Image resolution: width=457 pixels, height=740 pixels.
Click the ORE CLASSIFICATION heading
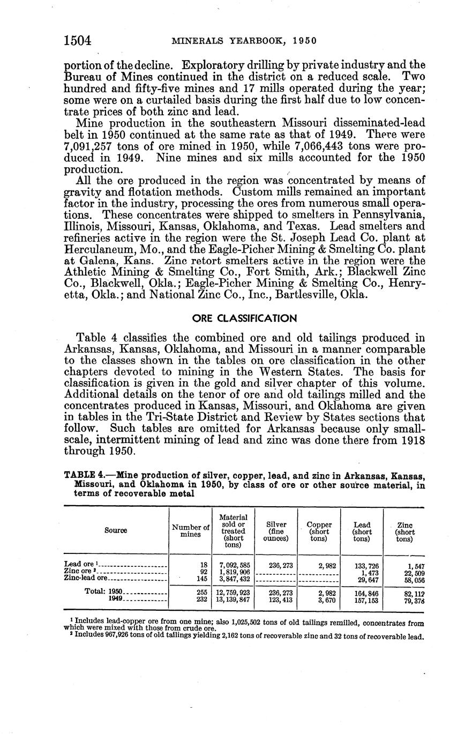[244, 319]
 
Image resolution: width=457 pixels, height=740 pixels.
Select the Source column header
[116, 530]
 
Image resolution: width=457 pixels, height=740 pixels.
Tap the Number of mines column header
[190, 531]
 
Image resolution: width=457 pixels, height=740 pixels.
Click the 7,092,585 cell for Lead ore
[235, 565]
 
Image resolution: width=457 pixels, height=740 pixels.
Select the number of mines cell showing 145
[201, 579]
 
